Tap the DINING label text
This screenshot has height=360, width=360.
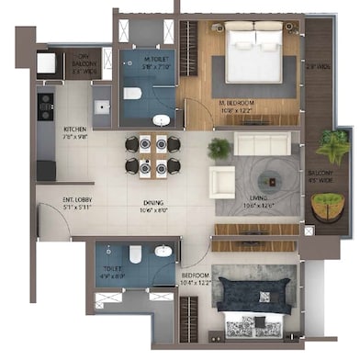pyautogui.click(x=152, y=207)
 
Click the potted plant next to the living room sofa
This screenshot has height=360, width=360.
pyautogui.click(x=219, y=148)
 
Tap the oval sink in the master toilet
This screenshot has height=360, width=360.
pyautogui.click(x=162, y=119)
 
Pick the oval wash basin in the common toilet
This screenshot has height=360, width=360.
pyautogui.click(x=163, y=250)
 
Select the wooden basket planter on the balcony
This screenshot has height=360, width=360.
pyautogui.click(x=325, y=206)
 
